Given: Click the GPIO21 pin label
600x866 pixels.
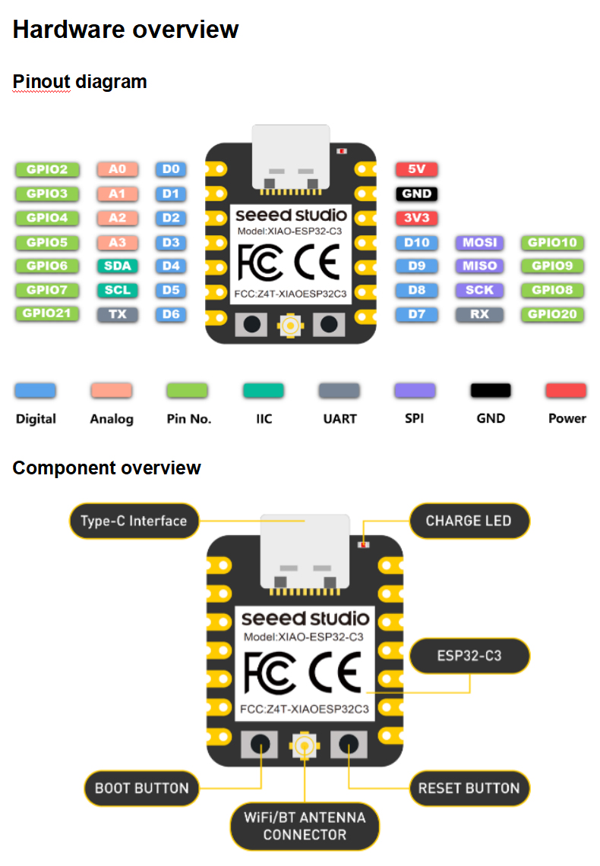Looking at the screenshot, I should pos(46,313).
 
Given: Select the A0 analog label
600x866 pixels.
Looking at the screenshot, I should pos(117,169).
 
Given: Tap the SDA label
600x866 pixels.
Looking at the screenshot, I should pos(117,266).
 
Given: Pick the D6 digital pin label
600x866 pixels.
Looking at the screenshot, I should pos(170,313).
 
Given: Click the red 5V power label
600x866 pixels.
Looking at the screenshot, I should pos(416,169).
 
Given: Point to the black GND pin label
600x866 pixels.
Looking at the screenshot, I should pos(416,194).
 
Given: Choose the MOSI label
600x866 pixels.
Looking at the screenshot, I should pos(479,243).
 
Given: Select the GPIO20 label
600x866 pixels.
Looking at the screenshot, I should pos(552,313).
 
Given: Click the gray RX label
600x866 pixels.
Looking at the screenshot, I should pos(479,313).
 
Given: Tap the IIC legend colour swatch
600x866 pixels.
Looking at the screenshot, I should pos(264,391).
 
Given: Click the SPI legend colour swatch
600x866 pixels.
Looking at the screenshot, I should pos(415,391).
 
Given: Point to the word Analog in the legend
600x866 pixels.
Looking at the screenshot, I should pos(112,418).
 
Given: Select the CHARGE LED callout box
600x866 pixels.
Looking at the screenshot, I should pos(469,521).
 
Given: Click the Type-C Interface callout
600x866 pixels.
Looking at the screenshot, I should pos(134,521).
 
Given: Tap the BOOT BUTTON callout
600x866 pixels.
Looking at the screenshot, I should pos(141,788).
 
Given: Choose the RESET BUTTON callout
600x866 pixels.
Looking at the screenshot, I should pos(469,788).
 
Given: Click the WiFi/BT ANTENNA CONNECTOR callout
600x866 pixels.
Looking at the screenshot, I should pos(305,826).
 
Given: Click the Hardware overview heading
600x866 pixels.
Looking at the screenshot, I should pos(126,30).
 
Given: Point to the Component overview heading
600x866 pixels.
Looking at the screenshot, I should pos(107,468).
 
